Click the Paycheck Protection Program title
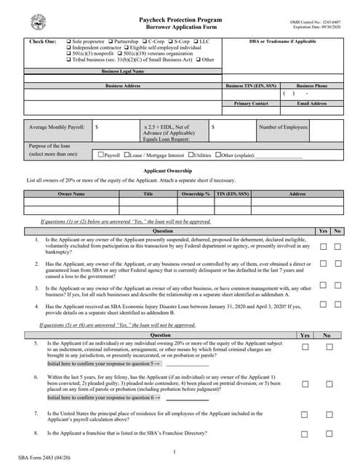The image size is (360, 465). [180, 20]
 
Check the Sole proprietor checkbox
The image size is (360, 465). [69, 42]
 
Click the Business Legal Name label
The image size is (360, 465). [122, 72]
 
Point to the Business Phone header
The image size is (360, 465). [312, 85]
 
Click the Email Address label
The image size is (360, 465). [312, 103]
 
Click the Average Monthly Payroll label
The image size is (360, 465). [56, 126]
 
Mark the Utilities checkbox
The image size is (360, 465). [191, 155]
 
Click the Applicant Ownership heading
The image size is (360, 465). [180, 169]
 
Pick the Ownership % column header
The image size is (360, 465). [196, 194]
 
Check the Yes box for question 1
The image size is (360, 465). [323, 246]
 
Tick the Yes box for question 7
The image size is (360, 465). [305, 416]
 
